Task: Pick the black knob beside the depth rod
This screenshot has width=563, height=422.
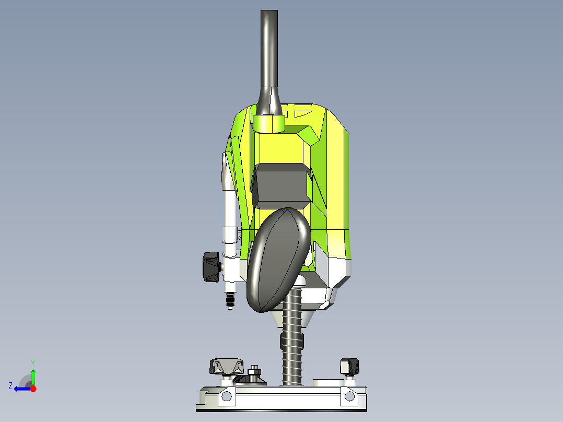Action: (211, 267)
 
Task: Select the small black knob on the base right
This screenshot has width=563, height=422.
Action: (349, 366)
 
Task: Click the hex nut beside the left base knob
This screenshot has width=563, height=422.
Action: (255, 371)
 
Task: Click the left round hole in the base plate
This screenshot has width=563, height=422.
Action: (226, 396)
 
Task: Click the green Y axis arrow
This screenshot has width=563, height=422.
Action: (33, 375)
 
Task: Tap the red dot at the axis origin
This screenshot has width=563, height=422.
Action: (33, 389)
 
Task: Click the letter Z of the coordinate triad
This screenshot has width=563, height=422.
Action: (10, 385)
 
